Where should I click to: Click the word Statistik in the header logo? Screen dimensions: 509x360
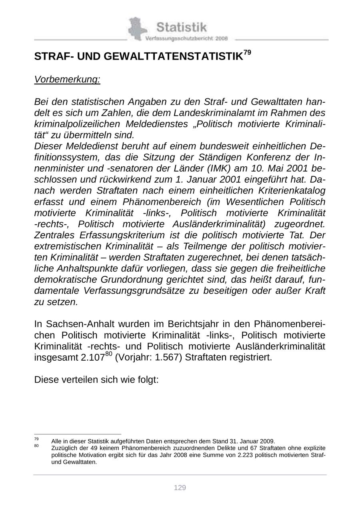point(182,27)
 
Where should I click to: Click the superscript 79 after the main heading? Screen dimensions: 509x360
point(247,52)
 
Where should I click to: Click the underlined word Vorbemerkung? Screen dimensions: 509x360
point(67,80)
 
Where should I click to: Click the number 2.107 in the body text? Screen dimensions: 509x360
point(93,357)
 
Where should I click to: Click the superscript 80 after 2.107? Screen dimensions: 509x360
point(109,353)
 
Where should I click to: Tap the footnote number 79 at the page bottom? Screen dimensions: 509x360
point(36,439)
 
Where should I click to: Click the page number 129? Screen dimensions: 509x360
point(180,488)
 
